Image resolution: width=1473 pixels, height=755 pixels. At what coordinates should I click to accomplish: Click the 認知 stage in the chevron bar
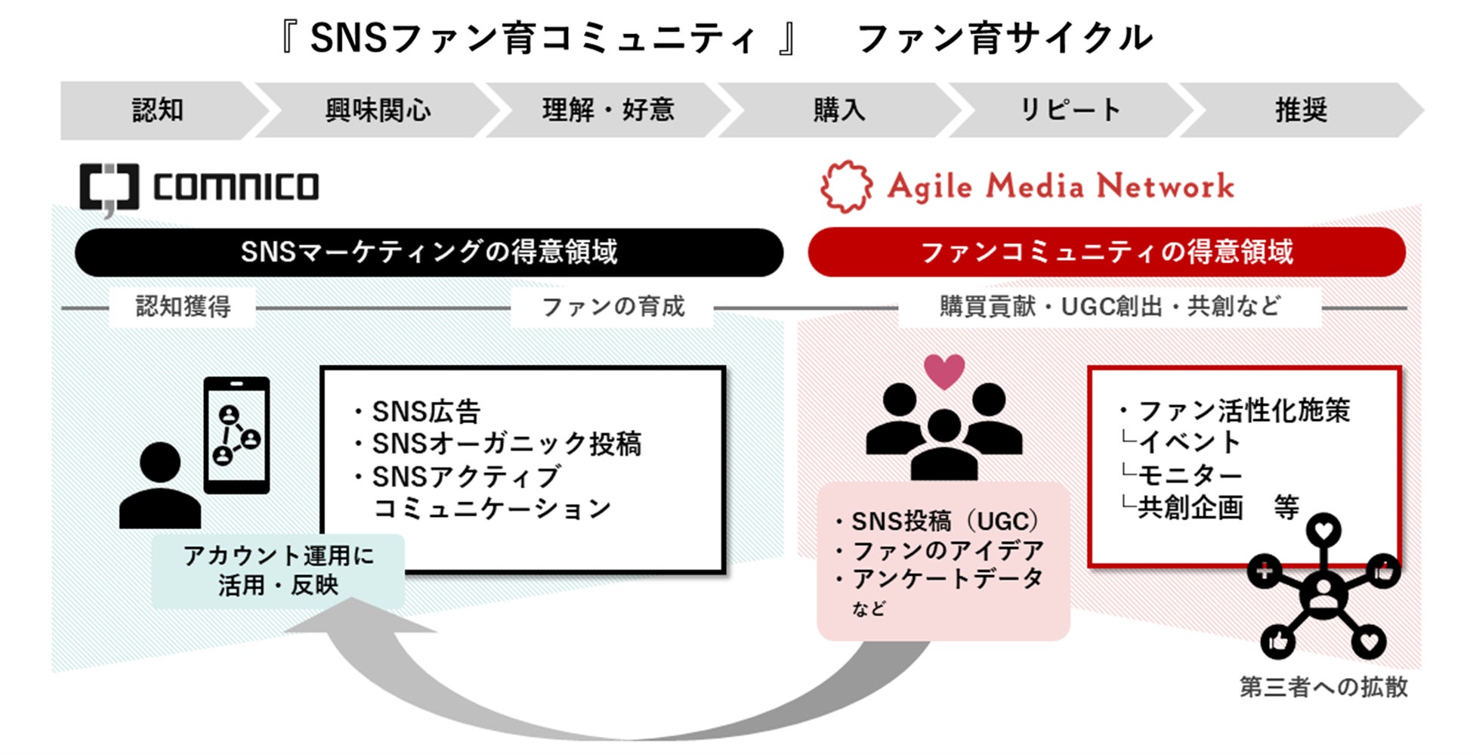[x=158, y=110]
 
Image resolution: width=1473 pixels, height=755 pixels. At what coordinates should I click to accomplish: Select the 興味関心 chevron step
[x=378, y=110]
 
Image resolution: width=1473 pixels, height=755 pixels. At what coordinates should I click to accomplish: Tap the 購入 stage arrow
[x=838, y=110]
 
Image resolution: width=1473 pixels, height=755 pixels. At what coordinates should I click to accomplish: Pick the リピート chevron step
[x=1070, y=110]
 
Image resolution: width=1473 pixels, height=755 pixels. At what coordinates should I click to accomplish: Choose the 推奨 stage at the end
[x=1301, y=110]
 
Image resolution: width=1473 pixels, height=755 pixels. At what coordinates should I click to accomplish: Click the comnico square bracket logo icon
[x=109, y=187]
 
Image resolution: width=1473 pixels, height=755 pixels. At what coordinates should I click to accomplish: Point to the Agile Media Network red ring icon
[x=846, y=186]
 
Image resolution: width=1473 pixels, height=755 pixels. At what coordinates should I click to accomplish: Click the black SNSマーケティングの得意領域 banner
[x=428, y=252]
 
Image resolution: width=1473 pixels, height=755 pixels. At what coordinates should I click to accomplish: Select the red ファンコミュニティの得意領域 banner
[x=1106, y=252]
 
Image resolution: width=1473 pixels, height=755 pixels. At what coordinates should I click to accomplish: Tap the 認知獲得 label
[x=183, y=307]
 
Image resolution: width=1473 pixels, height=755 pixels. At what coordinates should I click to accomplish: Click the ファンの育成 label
[x=613, y=307]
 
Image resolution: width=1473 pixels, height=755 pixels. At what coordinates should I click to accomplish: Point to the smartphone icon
[x=236, y=435]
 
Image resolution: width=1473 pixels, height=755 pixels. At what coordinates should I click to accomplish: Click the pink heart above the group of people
[x=944, y=371]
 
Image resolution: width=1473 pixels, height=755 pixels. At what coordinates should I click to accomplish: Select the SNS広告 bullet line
[x=426, y=412]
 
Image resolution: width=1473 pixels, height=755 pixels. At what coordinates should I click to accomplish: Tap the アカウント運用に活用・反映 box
[x=278, y=571]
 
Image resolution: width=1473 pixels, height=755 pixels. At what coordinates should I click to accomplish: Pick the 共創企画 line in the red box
[x=1190, y=507]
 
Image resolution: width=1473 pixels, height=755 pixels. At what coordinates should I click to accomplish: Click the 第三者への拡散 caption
[x=1323, y=687]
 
